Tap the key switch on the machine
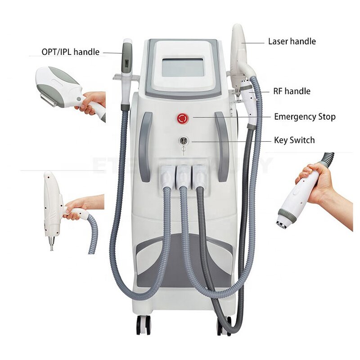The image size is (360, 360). [183, 141]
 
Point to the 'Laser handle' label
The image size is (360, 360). [292, 41]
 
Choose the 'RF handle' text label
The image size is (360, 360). [292, 91]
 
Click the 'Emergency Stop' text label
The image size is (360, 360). [305, 117]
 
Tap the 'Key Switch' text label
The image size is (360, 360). [294, 140]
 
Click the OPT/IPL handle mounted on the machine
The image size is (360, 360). [127, 67]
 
